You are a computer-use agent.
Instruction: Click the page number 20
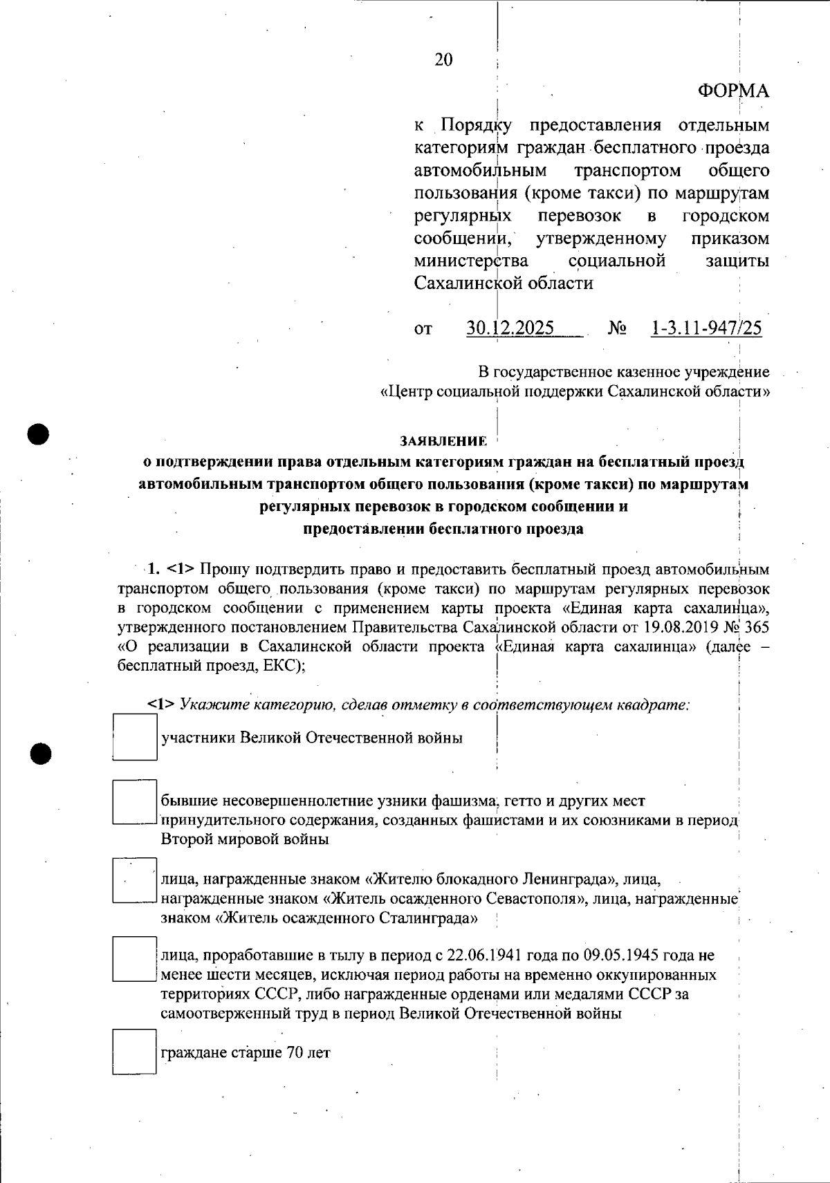[x=443, y=60]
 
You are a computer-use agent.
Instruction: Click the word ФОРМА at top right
[x=732, y=91]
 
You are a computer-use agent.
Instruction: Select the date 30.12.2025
[x=510, y=328]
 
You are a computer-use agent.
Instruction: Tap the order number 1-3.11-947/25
[x=706, y=328]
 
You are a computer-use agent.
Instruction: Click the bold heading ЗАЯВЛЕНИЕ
[x=443, y=441]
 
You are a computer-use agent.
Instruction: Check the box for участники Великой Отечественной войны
[x=134, y=738]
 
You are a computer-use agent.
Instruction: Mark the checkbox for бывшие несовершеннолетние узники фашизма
[x=134, y=802]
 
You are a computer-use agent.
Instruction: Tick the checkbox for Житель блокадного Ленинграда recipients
[x=134, y=880]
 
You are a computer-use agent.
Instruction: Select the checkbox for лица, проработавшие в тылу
[x=134, y=958]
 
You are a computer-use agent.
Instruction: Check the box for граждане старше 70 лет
[x=134, y=1052]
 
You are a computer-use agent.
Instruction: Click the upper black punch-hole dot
[x=39, y=434]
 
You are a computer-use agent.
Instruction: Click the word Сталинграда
[x=430, y=919]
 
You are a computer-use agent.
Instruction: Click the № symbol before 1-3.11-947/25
[x=617, y=328]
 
